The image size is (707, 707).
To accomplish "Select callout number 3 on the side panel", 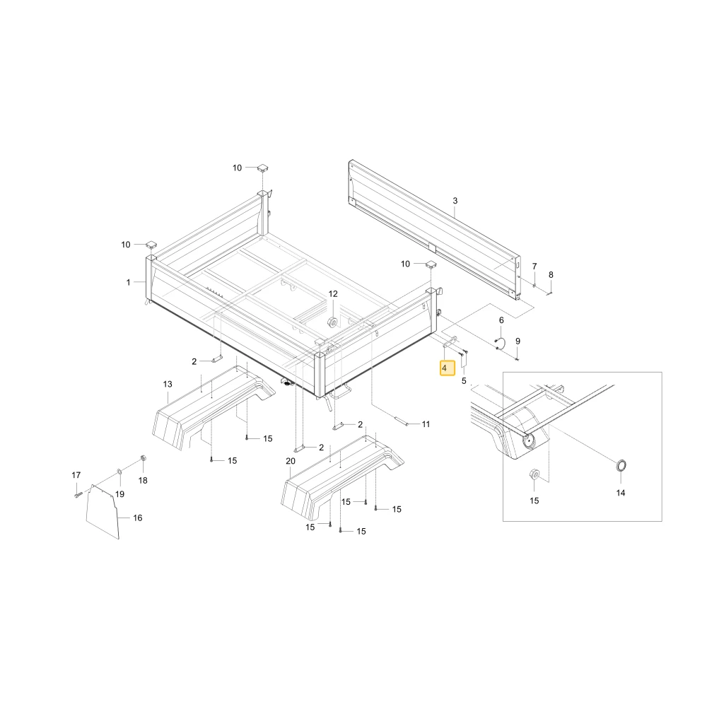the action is point(455,201).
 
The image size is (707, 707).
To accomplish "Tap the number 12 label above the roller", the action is point(333,294).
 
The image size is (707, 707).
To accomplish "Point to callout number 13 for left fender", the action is point(168,384).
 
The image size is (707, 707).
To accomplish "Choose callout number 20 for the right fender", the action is point(291,461).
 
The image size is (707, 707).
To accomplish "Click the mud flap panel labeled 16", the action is point(103,512).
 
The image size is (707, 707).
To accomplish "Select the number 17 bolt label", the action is point(76,475).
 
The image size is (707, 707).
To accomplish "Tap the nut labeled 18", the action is point(144,459).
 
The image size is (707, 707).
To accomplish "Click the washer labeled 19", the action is point(119,472).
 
